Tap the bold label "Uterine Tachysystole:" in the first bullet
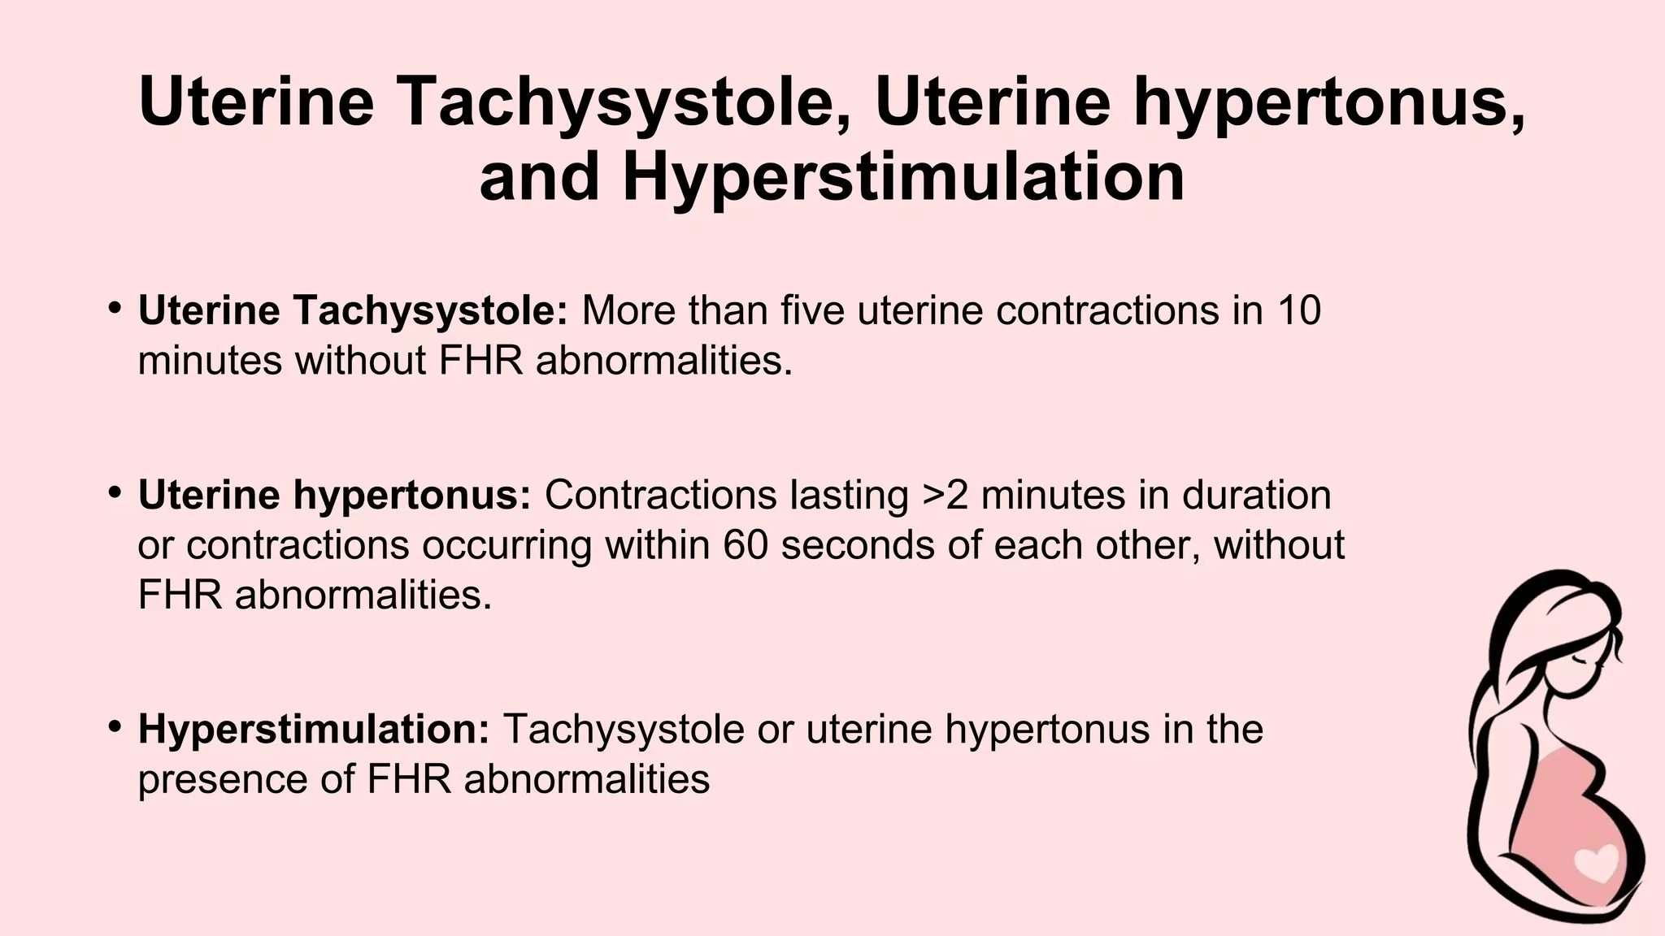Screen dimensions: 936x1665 pyautogui.click(x=353, y=311)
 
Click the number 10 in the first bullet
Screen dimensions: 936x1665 pyautogui.click(x=1298, y=311)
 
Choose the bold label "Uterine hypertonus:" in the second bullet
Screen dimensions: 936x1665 pyautogui.click(x=334, y=496)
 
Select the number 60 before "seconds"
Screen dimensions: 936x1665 pyautogui.click(x=746, y=545)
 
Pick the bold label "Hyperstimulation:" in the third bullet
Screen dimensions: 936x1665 pyautogui.click(x=314, y=729)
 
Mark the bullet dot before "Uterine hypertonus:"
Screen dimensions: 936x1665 pyautogui.click(x=115, y=492)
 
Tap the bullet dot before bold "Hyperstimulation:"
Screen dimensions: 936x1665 pyautogui.click(x=115, y=726)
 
